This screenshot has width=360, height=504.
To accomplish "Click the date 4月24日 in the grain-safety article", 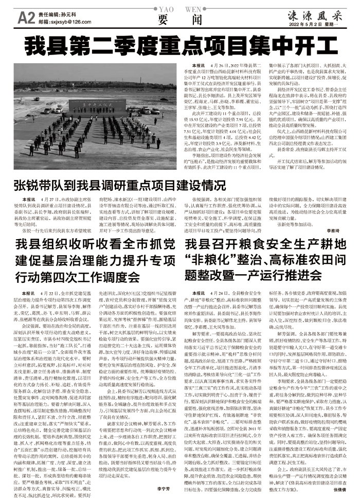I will [x=229, y=292].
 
